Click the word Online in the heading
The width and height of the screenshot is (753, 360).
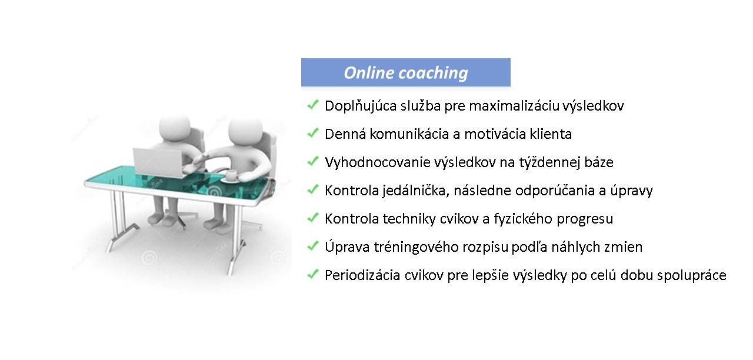(x=368, y=72)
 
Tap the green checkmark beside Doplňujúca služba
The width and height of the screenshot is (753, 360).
(x=312, y=105)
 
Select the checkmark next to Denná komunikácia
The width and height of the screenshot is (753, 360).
(x=312, y=133)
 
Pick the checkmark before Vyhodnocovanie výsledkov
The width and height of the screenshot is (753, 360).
(x=312, y=161)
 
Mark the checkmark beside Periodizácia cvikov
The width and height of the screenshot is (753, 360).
(x=312, y=274)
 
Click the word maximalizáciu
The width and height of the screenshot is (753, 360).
(x=514, y=106)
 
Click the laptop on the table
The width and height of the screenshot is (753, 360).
(x=158, y=162)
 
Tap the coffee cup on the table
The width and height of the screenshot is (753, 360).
(x=231, y=175)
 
